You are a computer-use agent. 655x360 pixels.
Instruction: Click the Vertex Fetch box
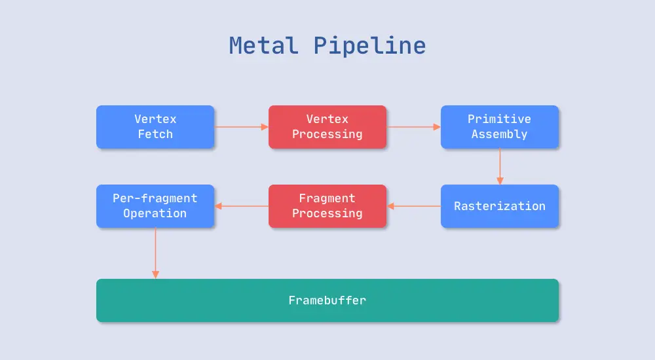point(155,127)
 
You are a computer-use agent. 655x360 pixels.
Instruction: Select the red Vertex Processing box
point(327,127)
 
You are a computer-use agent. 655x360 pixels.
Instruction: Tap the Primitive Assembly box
point(499,127)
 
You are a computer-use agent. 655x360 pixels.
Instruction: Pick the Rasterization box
point(499,206)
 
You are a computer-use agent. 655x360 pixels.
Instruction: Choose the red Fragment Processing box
point(327,206)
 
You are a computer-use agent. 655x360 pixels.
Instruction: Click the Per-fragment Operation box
point(155,206)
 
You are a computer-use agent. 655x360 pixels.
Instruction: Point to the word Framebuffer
point(327,300)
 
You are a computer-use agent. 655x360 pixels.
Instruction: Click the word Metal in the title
point(263,46)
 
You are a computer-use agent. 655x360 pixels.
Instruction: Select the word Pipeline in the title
point(369,46)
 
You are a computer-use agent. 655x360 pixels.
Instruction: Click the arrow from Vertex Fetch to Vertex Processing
point(241,127)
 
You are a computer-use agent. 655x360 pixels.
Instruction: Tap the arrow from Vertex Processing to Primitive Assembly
point(413,127)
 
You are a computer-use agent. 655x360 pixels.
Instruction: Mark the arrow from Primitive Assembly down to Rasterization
point(500,166)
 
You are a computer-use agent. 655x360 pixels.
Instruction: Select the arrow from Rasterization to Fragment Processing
point(413,206)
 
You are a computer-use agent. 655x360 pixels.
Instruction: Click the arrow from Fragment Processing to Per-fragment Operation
point(241,206)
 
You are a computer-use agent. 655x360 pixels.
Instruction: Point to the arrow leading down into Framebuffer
point(155,253)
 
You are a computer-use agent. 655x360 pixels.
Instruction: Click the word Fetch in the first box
point(155,134)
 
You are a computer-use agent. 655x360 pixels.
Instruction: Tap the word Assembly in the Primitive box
point(499,134)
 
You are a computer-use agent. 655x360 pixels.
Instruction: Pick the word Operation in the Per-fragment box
point(155,213)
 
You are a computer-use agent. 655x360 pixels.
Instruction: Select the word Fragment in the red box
point(327,198)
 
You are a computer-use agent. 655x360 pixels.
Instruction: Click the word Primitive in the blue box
point(499,119)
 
